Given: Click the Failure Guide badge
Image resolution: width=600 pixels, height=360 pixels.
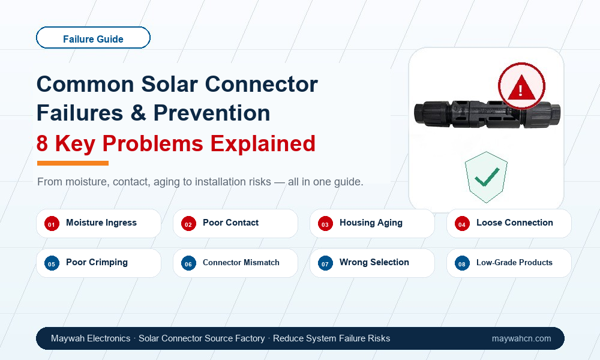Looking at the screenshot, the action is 93,37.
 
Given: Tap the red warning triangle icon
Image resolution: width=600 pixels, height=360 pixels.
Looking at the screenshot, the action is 521,86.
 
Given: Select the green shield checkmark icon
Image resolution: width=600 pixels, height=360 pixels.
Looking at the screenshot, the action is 486,177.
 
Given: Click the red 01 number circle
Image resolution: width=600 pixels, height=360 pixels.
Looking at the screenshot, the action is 52,224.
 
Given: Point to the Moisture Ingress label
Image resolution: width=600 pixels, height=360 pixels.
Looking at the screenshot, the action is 101,223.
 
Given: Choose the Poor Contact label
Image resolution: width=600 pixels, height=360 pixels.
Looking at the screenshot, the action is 231,223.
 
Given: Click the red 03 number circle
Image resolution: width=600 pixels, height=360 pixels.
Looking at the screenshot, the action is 325,224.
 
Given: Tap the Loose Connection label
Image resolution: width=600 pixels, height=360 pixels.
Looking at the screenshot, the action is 515,223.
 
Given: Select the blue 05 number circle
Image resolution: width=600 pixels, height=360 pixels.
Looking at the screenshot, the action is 52,263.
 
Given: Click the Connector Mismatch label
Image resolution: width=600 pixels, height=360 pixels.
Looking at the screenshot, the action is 241,262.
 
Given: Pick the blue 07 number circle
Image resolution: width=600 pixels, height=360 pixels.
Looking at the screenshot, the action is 325,263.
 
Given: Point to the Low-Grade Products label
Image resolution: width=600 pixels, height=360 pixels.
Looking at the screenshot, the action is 514,262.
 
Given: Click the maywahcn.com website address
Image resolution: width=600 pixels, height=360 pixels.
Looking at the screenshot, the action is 521,338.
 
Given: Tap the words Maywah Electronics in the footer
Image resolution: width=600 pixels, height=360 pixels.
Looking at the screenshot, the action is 91,338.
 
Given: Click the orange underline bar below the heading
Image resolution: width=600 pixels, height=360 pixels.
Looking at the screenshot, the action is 73,163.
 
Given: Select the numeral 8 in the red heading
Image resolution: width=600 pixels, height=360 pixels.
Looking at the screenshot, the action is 42,144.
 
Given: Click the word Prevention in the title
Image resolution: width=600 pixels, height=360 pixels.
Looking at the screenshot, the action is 212,113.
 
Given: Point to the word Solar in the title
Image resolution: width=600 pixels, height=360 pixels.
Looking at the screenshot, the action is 170,84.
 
